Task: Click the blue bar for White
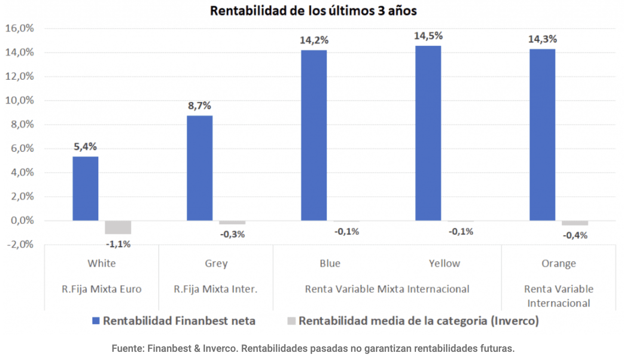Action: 85,189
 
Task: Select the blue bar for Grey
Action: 199,168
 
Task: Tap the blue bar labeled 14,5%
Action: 428,133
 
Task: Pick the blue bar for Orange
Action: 542,135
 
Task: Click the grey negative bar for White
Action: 118,227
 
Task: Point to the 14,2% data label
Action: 314,40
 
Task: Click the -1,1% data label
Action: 118,244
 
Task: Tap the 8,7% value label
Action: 199,106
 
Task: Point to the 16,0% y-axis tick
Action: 19,29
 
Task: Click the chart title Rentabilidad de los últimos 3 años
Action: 313,11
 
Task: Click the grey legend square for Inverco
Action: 292,321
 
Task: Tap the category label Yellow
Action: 444,263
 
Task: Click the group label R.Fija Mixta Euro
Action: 102,289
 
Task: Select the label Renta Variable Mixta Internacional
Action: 387,289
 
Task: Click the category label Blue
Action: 330,263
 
